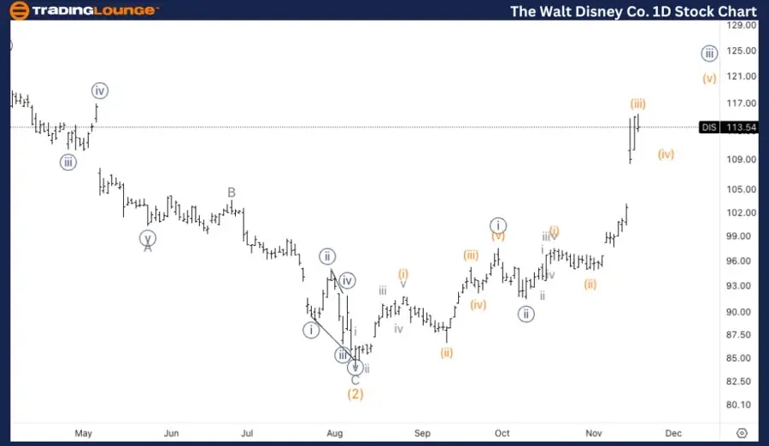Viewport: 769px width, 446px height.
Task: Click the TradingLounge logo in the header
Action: pos(82,11)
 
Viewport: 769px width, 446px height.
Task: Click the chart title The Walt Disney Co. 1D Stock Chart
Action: pos(632,11)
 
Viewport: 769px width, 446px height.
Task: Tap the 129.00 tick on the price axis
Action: pos(740,26)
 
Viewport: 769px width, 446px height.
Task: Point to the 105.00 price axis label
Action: pos(740,190)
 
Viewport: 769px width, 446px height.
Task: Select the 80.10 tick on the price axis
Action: pos(740,405)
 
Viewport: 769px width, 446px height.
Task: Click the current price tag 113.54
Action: pos(740,127)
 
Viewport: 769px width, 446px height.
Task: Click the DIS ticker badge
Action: pos(709,127)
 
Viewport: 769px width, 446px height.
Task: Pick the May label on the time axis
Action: pos(83,433)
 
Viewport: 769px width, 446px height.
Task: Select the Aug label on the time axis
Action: pos(335,433)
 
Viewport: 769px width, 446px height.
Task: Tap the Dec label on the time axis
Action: pos(673,433)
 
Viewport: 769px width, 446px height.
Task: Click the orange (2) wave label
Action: pos(355,394)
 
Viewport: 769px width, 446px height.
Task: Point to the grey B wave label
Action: pos(231,192)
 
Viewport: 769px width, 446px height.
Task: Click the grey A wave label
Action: pos(148,248)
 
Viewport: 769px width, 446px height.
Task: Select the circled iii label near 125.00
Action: pos(709,53)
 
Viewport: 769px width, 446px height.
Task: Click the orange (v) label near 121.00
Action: pos(709,79)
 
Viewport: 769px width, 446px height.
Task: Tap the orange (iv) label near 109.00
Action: pos(666,155)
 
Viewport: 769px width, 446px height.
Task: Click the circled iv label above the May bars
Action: pos(101,91)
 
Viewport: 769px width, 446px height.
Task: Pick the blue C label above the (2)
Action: pos(355,380)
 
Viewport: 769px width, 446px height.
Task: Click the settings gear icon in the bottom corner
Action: pos(742,433)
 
